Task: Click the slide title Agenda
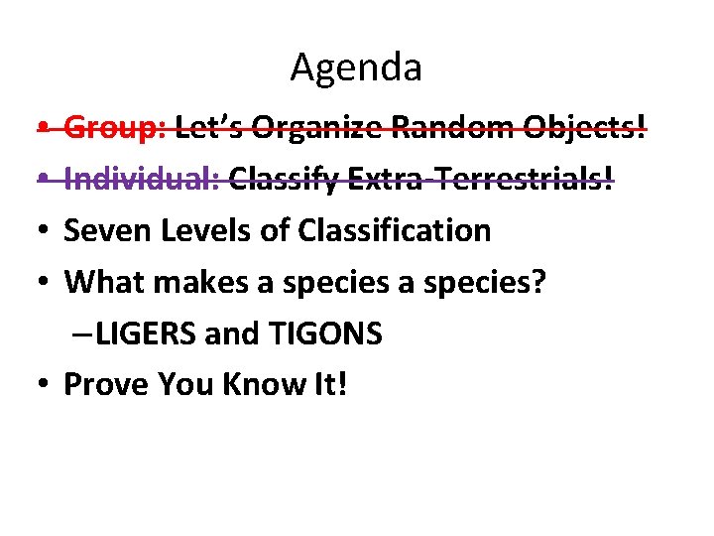(x=356, y=67)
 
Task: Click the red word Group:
(x=115, y=128)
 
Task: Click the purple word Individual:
(x=142, y=180)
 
